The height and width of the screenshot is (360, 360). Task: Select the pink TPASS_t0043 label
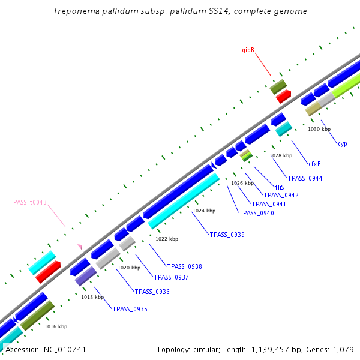(28, 203)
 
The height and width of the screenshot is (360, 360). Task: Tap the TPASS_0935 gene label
(130, 309)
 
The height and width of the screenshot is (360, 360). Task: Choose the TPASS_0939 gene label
(227, 235)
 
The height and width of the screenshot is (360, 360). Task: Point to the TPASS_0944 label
(305, 178)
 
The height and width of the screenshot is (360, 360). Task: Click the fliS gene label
(279, 187)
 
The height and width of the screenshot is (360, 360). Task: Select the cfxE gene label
(314, 163)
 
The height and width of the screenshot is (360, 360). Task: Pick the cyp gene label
(342, 143)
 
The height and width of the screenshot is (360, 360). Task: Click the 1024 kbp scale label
(203, 211)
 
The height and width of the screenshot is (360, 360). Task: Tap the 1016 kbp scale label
(56, 326)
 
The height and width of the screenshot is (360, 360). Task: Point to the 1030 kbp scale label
(319, 129)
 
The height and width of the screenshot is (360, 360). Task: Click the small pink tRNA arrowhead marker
(79, 246)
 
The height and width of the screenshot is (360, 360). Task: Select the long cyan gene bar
(184, 200)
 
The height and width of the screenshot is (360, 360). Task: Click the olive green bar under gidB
(278, 87)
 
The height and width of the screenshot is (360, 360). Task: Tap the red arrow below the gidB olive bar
(283, 96)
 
